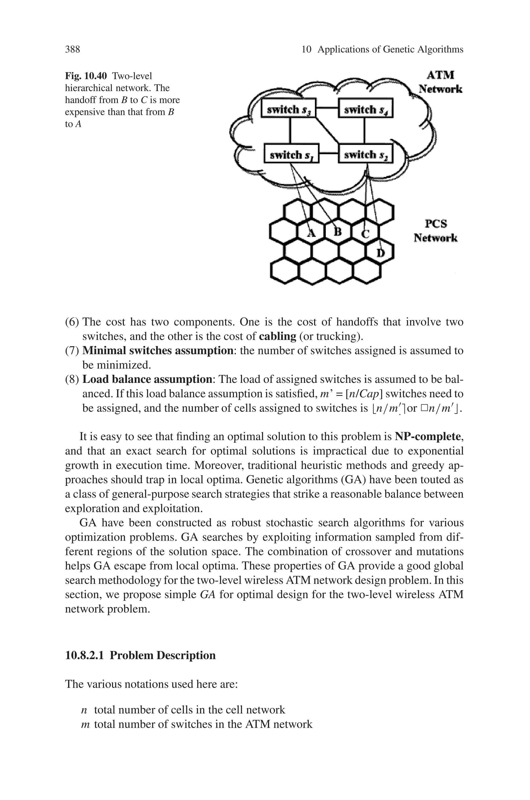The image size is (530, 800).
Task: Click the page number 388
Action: coord(72,50)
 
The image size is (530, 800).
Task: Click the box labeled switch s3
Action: coord(288,108)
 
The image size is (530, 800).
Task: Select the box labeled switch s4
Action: coord(365,108)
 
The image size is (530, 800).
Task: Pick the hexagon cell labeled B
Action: coord(338,232)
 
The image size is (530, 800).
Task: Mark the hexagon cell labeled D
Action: coord(380,252)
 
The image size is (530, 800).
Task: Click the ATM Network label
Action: coord(440,82)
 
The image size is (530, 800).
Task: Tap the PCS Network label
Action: coord(435,231)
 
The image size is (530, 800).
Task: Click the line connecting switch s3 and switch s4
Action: coord(327,108)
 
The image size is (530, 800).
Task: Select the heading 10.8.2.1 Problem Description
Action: coord(140,655)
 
